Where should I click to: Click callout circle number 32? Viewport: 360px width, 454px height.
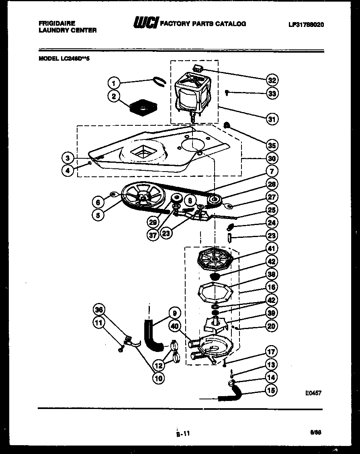(x=272, y=80)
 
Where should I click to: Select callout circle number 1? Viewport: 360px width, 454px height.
(x=114, y=83)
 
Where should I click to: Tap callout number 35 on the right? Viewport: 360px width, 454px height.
(x=272, y=145)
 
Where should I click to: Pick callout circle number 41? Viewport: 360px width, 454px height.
(x=272, y=248)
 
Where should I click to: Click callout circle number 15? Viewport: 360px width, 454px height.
(x=272, y=389)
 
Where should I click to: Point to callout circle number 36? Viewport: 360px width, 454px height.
(x=99, y=309)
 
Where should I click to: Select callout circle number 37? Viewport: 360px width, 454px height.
(x=153, y=235)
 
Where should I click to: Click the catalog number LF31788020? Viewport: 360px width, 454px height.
(x=306, y=24)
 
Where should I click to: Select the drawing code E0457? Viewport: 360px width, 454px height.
(x=313, y=393)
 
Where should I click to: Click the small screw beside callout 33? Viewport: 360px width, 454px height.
(x=227, y=92)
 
